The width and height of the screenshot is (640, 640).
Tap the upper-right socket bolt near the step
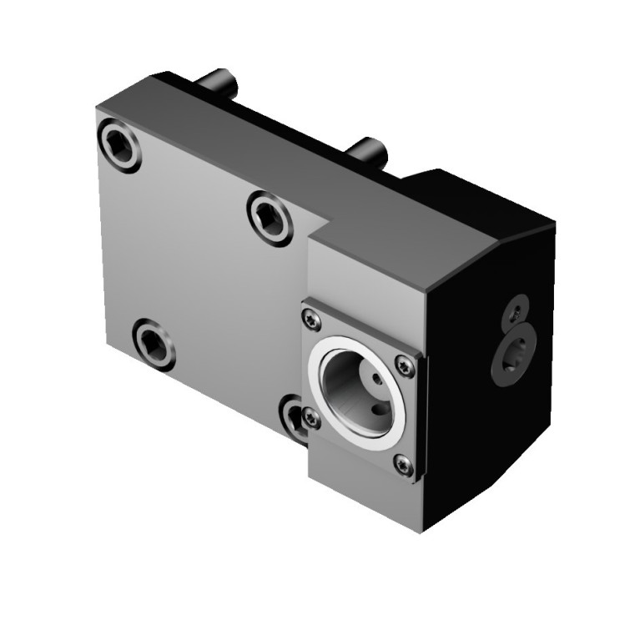[x=270, y=217]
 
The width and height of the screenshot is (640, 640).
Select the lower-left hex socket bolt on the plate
[x=154, y=344]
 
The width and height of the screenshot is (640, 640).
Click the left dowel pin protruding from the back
[x=219, y=82]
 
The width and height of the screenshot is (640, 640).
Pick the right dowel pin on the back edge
[x=367, y=152]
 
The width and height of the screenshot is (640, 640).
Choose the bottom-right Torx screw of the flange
[x=404, y=466]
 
